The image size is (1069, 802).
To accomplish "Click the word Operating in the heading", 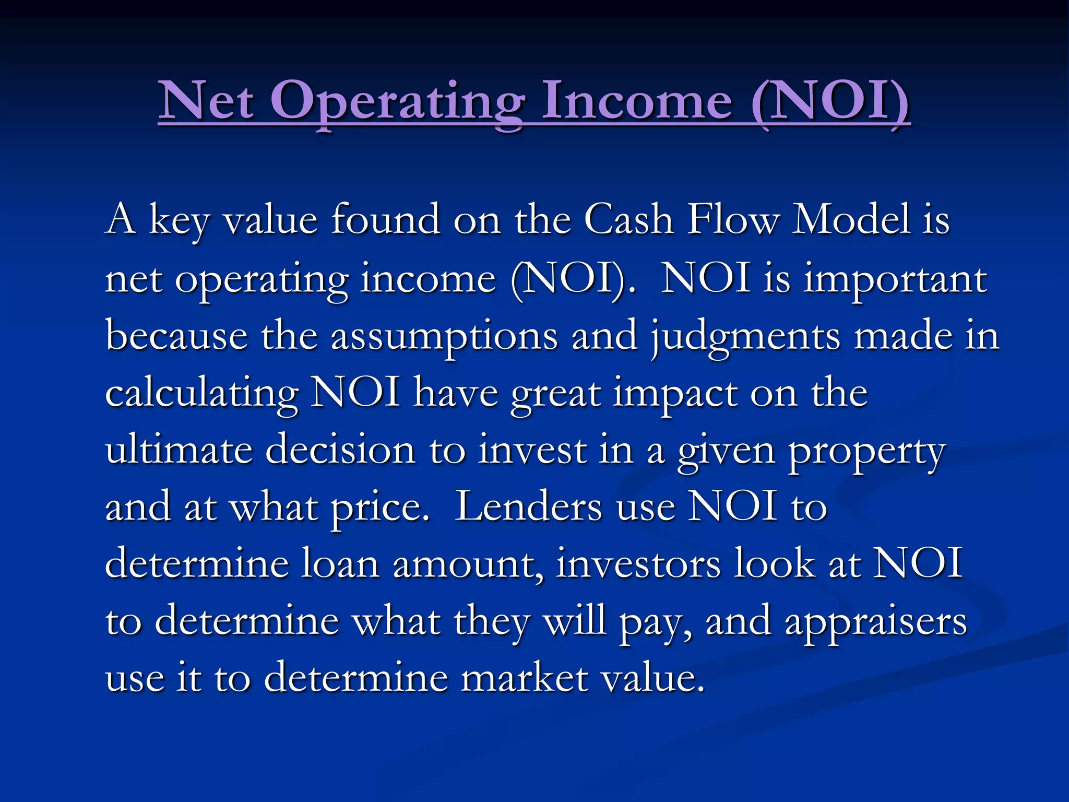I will coord(397,102).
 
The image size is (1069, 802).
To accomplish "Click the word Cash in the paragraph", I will coord(628,219).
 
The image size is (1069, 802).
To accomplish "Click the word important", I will coord(895,279).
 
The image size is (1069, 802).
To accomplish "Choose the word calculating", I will coord(201,394).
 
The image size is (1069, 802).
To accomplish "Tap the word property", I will coord(866,452).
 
